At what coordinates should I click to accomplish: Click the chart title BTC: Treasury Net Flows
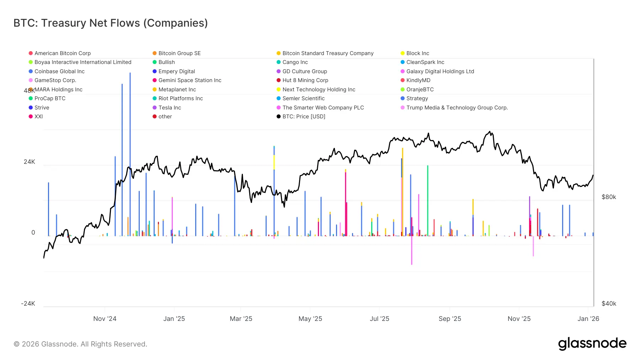pyautogui.click(x=111, y=23)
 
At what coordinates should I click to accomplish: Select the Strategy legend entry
pyautogui.click(x=417, y=98)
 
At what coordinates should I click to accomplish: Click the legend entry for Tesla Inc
pyautogui.click(x=169, y=108)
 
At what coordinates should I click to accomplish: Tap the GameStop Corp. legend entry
pyautogui.click(x=55, y=80)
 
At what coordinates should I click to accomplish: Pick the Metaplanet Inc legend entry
pyautogui.click(x=177, y=90)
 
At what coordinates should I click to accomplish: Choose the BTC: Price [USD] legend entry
pyautogui.click(x=303, y=117)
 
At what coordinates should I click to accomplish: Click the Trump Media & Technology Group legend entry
pyautogui.click(x=457, y=108)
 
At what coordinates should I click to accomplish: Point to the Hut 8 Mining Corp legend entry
pyautogui.click(x=305, y=80)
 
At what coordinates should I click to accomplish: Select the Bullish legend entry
pyautogui.click(x=166, y=62)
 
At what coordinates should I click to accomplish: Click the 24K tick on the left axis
pyautogui.click(x=30, y=162)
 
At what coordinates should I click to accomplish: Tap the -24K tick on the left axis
pyautogui.click(x=28, y=303)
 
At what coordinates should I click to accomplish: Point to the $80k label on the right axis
pyautogui.click(x=609, y=197)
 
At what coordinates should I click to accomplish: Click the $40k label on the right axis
pyautogui.click(x=609, y=303)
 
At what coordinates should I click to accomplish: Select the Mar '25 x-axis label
pyautogui.click(x=241, y=319)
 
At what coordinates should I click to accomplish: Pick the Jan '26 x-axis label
pyautogui.click(x=588, y=319)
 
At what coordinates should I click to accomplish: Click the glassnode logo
pyautogui.click(x=592, y=344)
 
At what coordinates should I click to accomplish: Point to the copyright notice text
pyautogui.click(x=80, y=344)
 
